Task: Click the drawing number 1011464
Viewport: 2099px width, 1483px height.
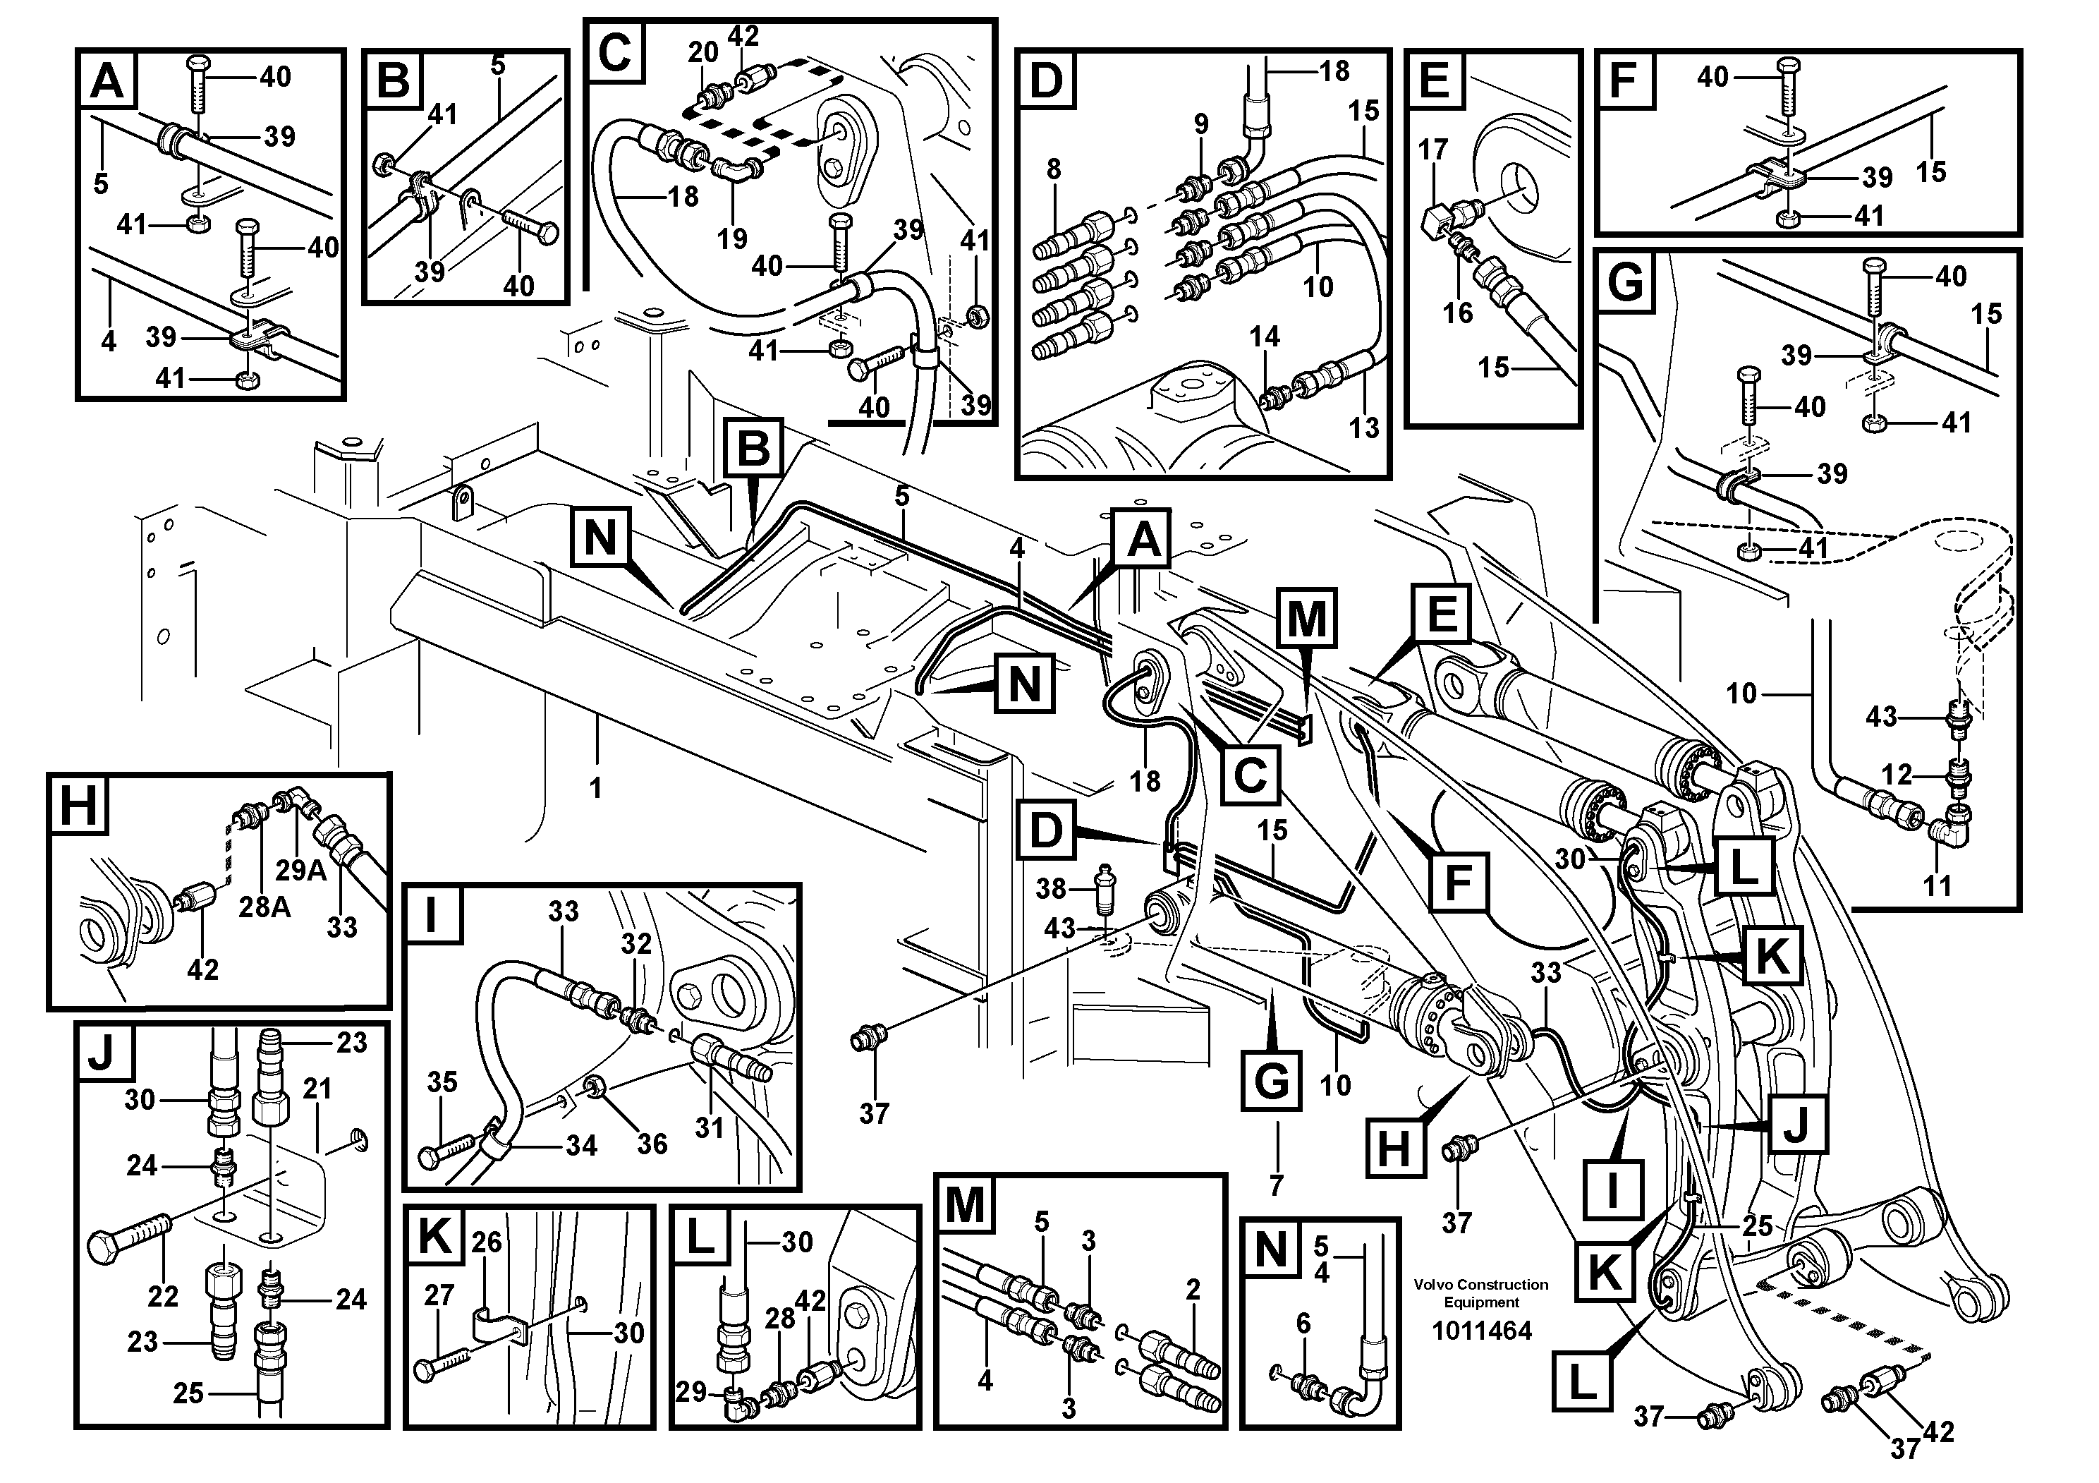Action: point(1481,1331)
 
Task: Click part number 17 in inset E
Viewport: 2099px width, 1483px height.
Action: point(1433,149)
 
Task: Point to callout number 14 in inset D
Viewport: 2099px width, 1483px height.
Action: point(1265,337)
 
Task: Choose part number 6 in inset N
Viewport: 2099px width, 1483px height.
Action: point(1303,1323)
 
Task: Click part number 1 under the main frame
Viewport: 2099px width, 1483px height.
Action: point(596,787)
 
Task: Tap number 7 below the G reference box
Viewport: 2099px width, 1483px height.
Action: point(1276,1185)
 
